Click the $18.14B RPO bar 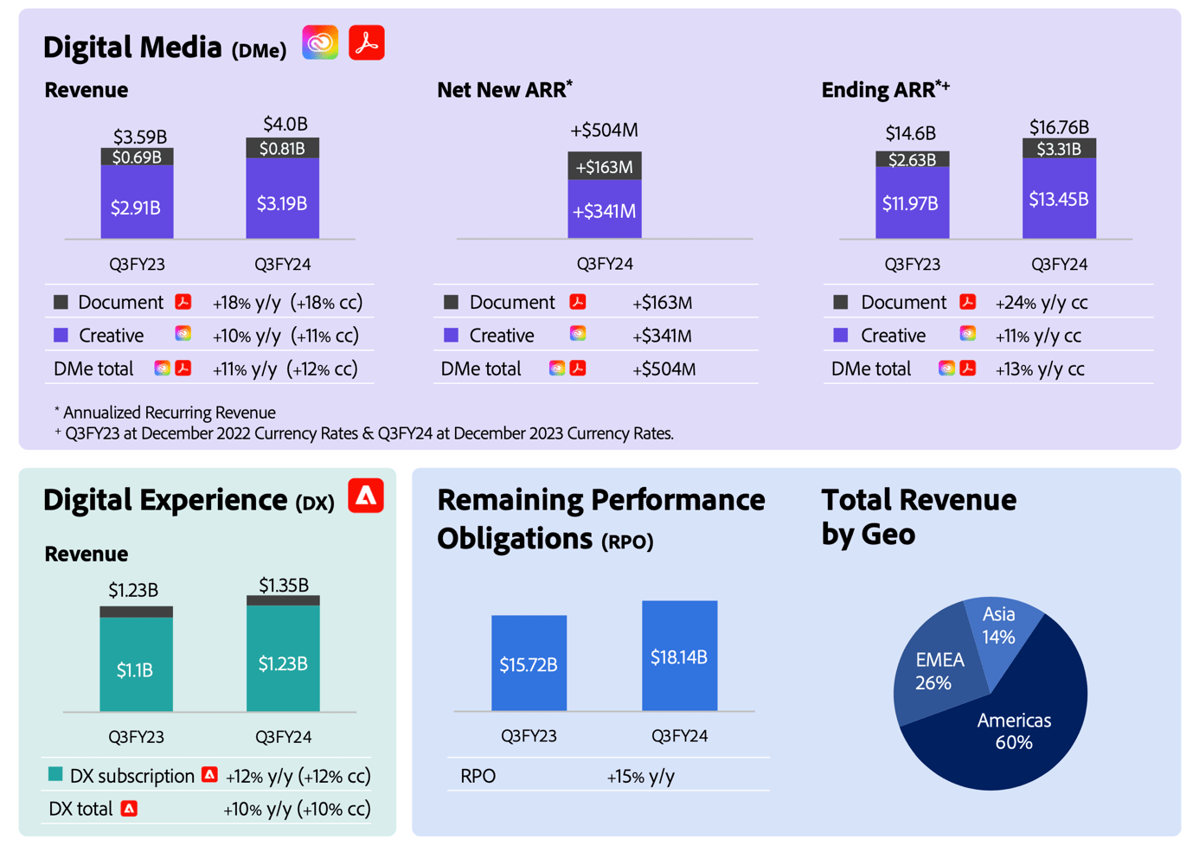click(679, 657)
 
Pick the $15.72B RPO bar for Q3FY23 click(529, 663)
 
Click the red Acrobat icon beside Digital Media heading click(367, 43)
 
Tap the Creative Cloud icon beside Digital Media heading click(320, 43)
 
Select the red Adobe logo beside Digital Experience click(366, 496)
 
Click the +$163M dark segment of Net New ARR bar click(604, 166)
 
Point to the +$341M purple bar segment click(604, 210)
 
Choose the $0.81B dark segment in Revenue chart click(282, 148)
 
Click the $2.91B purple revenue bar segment click(137, 206)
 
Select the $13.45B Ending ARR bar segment click(1059, 199)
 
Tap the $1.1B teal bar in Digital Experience click(136, 669)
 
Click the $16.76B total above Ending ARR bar click(1059, 127)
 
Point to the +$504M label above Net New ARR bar click(604, 131)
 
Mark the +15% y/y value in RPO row click(640, 777)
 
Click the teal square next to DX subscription click(55, 775)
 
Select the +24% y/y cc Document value click(1041, 303)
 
